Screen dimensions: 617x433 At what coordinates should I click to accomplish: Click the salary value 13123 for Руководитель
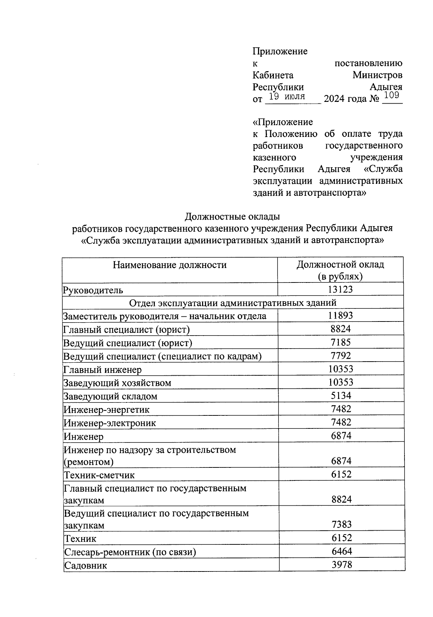click(x=340, y=289)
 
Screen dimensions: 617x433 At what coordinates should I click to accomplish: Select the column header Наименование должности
click(x=170, y=265)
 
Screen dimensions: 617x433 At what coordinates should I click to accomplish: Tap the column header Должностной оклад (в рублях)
click(x=340, y=270)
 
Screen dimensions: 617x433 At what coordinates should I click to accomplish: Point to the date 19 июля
click(x=287, y=96)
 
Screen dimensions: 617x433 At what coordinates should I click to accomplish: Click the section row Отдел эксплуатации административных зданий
click(x=233, y=303)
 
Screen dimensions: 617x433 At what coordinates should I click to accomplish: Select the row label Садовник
click(x=86, y=565)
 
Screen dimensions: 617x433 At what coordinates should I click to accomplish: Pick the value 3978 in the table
click(x=342, y=564)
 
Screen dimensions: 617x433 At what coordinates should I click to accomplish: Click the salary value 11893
click(x=340, y=315)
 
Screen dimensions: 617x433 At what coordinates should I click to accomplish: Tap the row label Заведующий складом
click(x=110, y=396)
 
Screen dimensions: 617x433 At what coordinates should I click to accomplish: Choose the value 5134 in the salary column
click(x=341, y=396)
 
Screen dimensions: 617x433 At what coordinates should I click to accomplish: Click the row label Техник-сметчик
click(x=99, y=475)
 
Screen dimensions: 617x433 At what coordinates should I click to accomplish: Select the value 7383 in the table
click(x=341, y=524)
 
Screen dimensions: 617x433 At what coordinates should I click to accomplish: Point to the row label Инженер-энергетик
click(x=106, y=410)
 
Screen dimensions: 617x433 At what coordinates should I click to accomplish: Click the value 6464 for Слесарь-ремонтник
click(x=342, y=551)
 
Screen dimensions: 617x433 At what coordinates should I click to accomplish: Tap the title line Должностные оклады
click(x=232, y=216)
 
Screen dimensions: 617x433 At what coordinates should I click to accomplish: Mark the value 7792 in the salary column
click(x=341, y=356)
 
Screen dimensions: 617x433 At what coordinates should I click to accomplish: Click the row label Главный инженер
click(x=102, y=370)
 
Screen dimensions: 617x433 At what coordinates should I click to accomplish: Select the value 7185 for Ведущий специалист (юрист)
click(x=341, y=342)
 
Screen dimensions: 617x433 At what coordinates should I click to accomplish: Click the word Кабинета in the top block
click(x=273, y=75)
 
